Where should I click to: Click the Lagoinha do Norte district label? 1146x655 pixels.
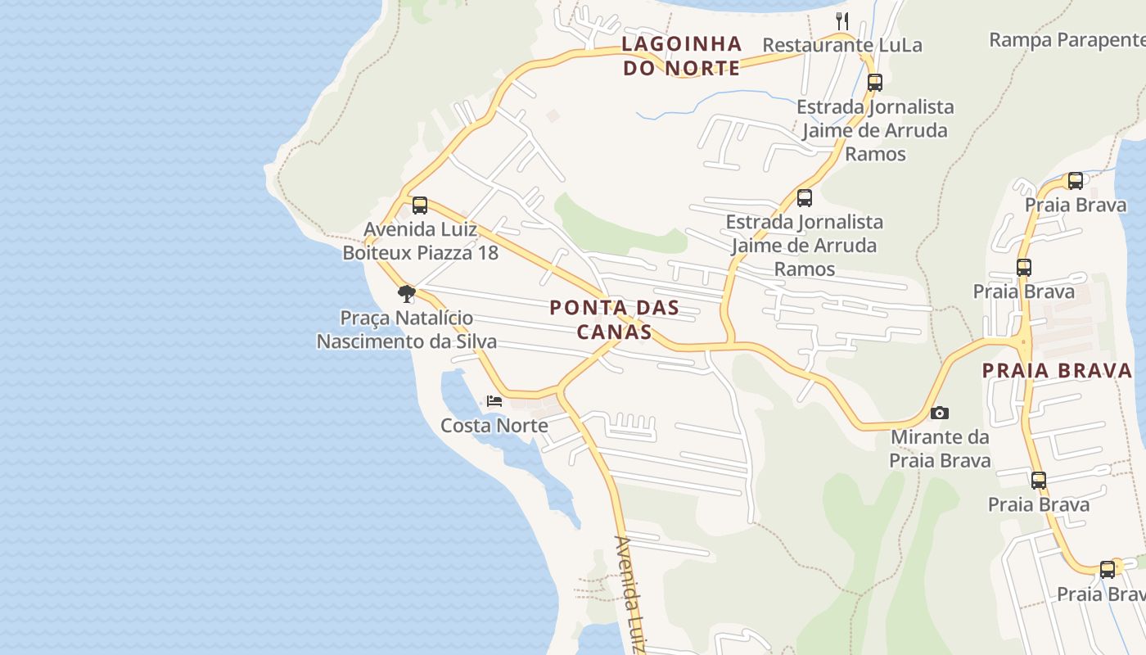coord(681,56)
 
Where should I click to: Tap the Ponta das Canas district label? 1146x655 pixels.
coord(614,319)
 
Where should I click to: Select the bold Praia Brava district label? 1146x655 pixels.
coord(1057,370)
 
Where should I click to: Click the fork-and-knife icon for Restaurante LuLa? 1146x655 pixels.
coord(841,20)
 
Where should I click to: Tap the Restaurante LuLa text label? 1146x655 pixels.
coord(841,45)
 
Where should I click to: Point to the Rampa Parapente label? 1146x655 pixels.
coord(1067,39)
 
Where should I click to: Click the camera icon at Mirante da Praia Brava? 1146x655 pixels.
coord(940,413)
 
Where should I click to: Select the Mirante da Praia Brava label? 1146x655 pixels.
coord(940,449)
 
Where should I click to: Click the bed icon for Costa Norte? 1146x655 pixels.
coord(494,401)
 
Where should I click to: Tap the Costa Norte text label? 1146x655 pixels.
coord(494,426)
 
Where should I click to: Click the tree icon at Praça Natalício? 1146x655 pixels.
coord(406,293)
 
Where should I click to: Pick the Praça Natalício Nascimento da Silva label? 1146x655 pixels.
coord(406,329)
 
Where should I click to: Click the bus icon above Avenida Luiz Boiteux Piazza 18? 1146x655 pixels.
coord(420,205)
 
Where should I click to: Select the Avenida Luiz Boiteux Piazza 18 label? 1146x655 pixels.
coord(420,241)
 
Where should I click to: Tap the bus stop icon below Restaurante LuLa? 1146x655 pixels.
coord(874,82)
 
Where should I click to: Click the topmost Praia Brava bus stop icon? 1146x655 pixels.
coord(1076,181)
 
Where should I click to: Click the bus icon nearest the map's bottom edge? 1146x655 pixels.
coord(1107,569)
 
